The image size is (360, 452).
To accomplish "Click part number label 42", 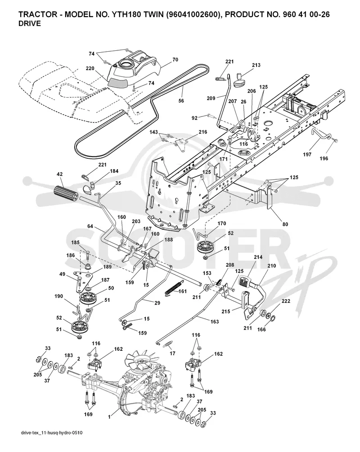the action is (60, 174).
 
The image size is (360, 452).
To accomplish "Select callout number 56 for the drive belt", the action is (181, 101).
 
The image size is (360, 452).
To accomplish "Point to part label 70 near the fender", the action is (175, 60).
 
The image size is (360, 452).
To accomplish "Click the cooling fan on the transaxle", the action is (142, 363).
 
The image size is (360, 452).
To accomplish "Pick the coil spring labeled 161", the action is (174, 287).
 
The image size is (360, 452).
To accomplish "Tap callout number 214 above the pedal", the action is (258, 257).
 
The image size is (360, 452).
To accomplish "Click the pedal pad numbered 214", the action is (245, 281).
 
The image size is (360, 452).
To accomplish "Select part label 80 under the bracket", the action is (285, 224).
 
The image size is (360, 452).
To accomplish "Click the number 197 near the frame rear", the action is (307, 155).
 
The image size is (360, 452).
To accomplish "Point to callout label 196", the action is (324, 158).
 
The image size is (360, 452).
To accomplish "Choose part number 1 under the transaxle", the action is (109, 417).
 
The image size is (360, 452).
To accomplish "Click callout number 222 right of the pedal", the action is (286, 301).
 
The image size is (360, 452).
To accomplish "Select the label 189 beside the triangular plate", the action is (107, 267).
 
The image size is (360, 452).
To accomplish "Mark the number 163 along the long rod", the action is (214, 322).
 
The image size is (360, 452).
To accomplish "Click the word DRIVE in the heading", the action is (30, 24).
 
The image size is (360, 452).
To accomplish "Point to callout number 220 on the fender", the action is (90, 68).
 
